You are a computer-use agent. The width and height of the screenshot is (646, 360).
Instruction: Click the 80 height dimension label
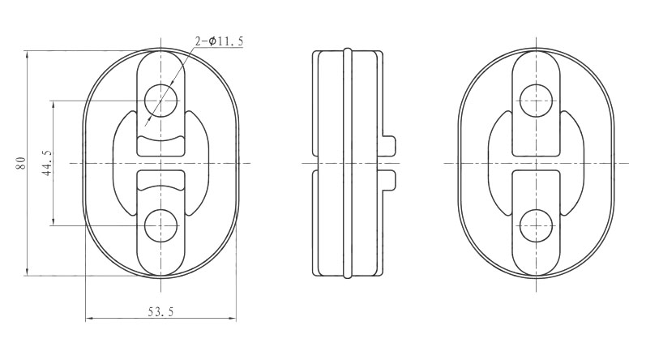21,163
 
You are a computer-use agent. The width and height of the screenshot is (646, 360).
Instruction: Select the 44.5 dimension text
47,163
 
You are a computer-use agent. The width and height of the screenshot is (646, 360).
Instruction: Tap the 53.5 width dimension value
160,312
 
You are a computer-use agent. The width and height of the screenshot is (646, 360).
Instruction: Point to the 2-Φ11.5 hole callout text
219,41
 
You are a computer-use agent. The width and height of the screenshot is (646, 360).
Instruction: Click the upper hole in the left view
160,101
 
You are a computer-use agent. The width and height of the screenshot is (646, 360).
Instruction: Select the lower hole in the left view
160,225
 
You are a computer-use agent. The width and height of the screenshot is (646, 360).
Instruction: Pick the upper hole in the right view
536,101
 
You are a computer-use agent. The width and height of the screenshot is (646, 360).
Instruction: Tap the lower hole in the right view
536,225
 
